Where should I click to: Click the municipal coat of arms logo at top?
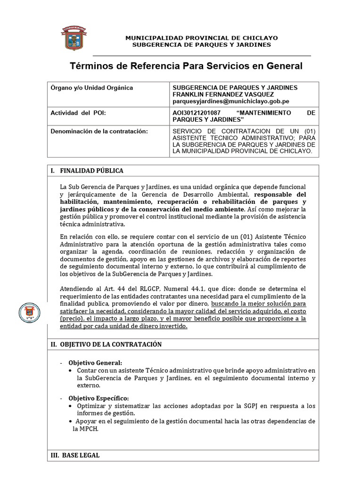point(73,38)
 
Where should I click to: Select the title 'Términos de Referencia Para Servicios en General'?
point(186,66)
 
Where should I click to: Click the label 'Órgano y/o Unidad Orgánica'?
point(92,88)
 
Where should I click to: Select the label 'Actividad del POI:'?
point(79,114)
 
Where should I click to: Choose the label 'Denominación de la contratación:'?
point(99,131)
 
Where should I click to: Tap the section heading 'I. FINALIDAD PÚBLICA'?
point(87,171)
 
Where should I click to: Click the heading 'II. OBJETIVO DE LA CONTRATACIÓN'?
point(106,344)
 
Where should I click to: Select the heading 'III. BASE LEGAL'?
point(75,456)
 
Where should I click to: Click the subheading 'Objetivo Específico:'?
point(99,399)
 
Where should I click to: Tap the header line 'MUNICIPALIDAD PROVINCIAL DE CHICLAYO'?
point(201,38)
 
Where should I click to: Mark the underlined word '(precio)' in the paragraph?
point(72,319)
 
